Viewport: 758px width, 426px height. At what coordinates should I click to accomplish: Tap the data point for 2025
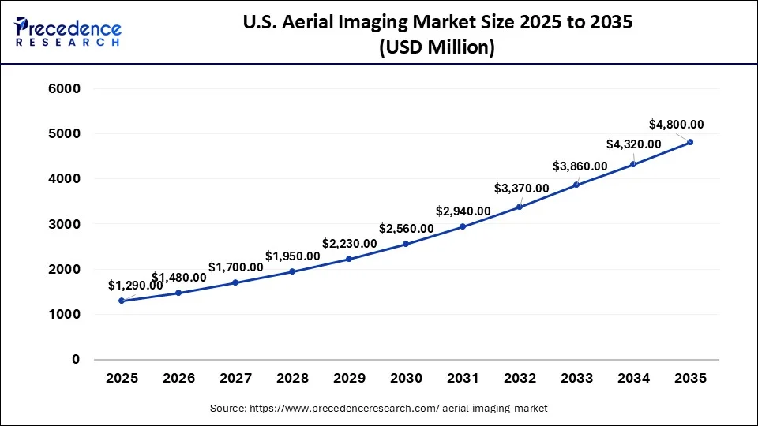(x=122, y=301)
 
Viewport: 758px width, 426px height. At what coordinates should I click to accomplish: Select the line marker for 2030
(x=406, y=244)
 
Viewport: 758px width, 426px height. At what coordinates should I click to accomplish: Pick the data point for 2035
(x=690, y=142)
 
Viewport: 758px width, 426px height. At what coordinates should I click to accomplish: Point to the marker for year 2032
(x=520, y=207)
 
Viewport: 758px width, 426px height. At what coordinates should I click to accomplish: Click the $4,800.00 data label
(x=676, y=124)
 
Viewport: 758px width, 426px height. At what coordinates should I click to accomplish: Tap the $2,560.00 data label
(x=406, y=229)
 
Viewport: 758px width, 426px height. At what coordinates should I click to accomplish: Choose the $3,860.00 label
(x=580, y=166)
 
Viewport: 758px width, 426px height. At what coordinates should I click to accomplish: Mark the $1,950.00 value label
(x=292, y=256)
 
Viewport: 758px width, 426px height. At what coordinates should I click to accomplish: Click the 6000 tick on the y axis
(x=66, y=89)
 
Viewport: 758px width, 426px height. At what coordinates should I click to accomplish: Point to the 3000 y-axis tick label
(x=66, y=224)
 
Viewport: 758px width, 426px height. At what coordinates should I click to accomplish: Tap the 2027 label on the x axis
(x=235, y=379)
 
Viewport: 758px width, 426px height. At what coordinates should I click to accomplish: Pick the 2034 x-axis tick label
(x=633, y=379)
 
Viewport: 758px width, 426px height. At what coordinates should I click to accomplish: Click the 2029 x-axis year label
(x=349, y=379)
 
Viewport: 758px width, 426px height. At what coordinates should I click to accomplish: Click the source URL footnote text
(x=378, y=409)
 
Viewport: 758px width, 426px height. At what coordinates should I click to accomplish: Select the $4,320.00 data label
(x=633, y=144)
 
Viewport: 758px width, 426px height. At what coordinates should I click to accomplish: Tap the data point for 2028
(x=292, y=271)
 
